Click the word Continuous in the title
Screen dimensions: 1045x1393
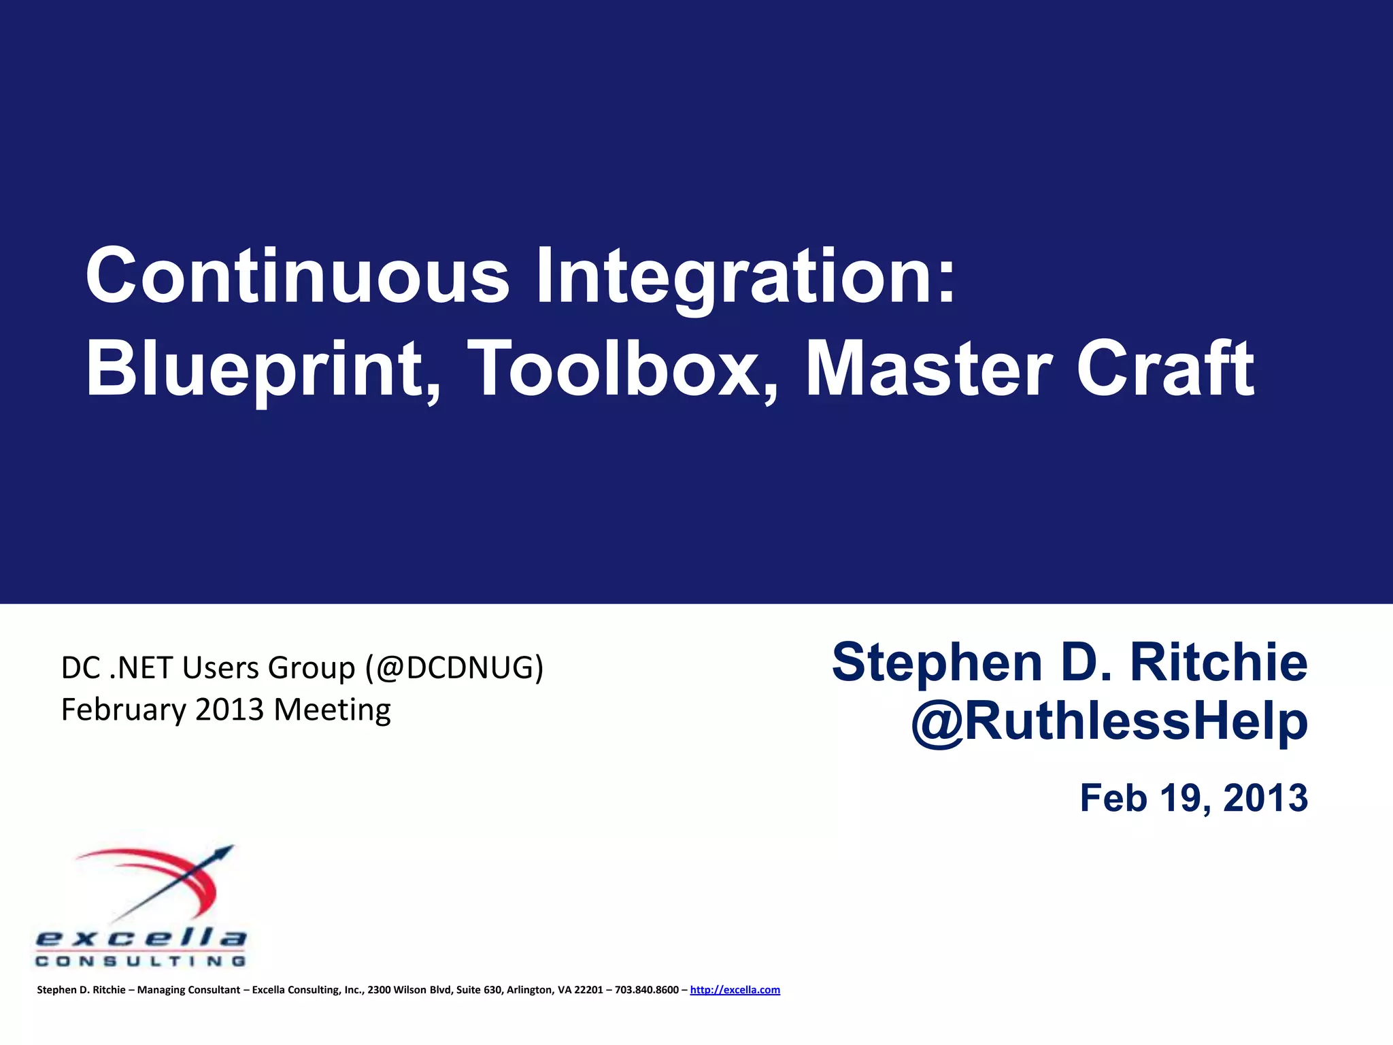pyautogui.click(x=297, y=276)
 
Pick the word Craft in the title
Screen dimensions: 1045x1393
pyautogui.click(x=1164, y=369)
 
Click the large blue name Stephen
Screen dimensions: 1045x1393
pyautogui.click(x=937, y=663)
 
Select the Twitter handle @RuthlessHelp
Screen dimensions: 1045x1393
pyautogui.click(x=1109, y=722)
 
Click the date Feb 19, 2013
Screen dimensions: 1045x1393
pyautogui.click(x=1194, y=798)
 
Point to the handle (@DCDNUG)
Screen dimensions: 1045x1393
pyautogui.click(x=454, y=668)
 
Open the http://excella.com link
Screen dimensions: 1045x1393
pyautogui.click(x=735, y=990)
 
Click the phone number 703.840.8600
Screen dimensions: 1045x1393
pyautogui.click(x=646, y=990)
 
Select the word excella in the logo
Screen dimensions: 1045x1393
pyautogui.click(x=141, y=939)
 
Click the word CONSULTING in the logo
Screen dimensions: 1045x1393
pyautogui.click(x=141, y=961)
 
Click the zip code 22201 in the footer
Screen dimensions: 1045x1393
pyautogui.click(x=588, y=990)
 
